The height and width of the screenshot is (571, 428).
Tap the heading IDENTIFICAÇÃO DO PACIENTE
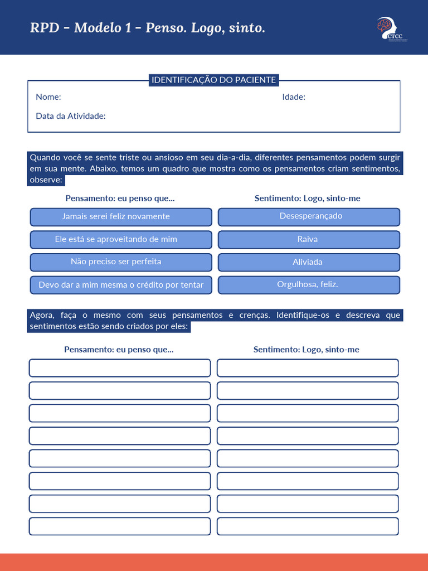pyautogui.click(x=214, y=80)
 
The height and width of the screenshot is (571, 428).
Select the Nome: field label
pyautogui.click(x=48, y=97)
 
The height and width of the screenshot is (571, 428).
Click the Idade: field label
pyautogui.click(x=294, y=97)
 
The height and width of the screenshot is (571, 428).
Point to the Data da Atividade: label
pyautogui.click(x=71, y=116)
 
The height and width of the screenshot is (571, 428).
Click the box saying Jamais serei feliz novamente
pyautogui.click(x=121, y=217)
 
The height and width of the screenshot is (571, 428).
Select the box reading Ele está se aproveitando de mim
pyautogui.click(x=121, y=240)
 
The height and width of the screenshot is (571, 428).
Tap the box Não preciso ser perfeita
pyautogui.click(x=121, y=262)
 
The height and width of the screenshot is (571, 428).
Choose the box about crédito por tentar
pyautogui.click(x=121, y=285)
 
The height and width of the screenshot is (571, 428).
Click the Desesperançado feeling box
pyautogui.click(x=309, y=217)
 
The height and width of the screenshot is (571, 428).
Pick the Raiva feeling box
pyautogui.click(x=309, y=240)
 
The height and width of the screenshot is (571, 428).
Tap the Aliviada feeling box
pyautogui.click(x=309, y=262)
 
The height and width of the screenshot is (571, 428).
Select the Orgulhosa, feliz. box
pyautogui.click(x=309, y=285)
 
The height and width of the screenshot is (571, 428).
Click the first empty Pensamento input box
pyautogui.click(x=120, y=368)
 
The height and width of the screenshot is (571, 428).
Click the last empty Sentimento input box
pyautogui.click(x=308, y=526)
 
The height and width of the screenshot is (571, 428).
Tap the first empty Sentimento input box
pyautogui.click(x=308, y=368)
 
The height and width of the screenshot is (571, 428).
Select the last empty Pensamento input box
pyautogui.click(x=120, y=526)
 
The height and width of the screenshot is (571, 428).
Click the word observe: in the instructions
pyautogui.click(x=46, y=180)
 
